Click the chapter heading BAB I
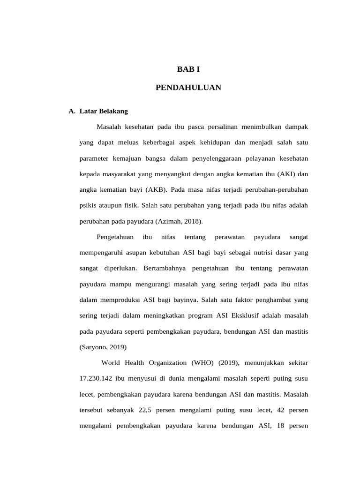[188, 69]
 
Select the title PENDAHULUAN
[188, 88]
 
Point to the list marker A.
[72, 112]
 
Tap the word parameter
[94, 158]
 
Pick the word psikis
[87, 206]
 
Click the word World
[111, 363]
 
